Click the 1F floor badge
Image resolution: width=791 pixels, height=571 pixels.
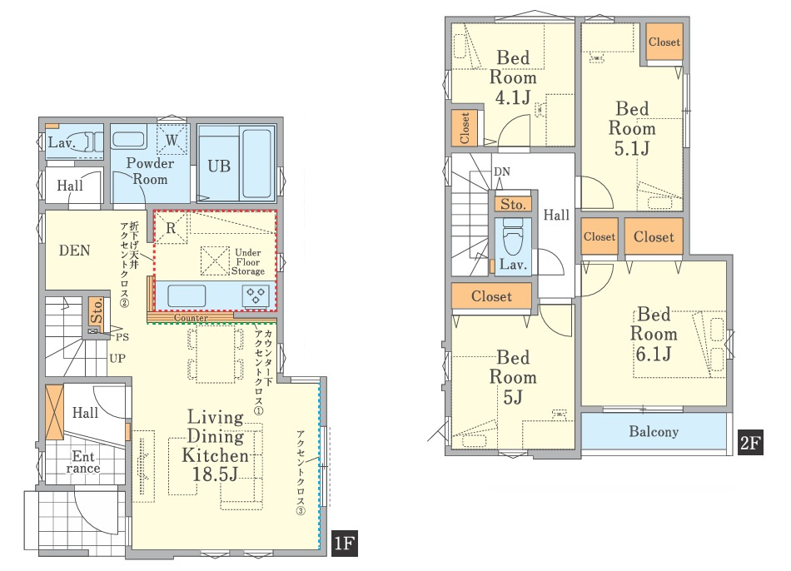[x=345, y=544]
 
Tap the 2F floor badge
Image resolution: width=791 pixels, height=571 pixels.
[x=750, y=442]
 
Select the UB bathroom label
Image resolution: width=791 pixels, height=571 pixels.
[x=219, y=166]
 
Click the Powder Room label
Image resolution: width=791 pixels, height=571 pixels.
[x=150, y=171]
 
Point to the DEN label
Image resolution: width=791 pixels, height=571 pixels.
[x=75, y=251]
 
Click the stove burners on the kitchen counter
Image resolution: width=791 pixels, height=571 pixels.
[x=256, y=295]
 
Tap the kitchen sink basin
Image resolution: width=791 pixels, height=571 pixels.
[x=187, y=295]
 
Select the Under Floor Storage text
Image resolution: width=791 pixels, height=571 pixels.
[x=248, y=262]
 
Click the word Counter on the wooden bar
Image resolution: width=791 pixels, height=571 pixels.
[x=191, y=318]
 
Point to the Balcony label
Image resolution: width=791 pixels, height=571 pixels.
[x=654, y=432]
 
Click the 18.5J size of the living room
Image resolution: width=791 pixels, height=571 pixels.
[x=215, y=474]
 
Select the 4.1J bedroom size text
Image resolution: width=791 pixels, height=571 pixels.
[x=513, y=97]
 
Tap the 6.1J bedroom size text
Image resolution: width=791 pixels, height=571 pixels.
[x=654, y=354]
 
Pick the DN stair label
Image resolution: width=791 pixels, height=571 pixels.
[x=502, y=172]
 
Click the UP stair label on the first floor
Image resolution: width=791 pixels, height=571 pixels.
[x=117, y=359]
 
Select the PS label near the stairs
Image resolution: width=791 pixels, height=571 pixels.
[x=122, y=337]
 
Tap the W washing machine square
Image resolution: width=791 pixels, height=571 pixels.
[x=172, y=139]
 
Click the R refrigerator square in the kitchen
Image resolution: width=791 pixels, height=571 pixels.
[x=171, y=229]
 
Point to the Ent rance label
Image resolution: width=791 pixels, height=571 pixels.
[x=83, y=463]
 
